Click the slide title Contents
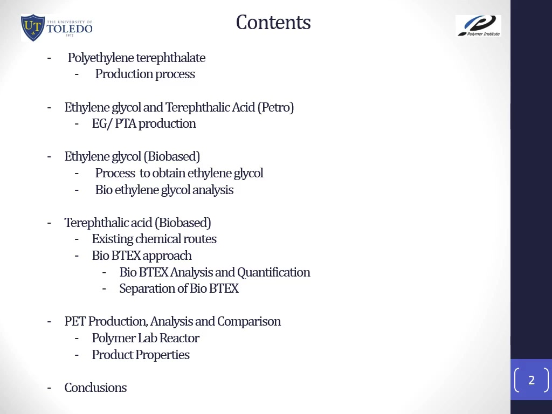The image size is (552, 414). [273, 23]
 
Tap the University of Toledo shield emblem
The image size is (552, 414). [33, 27]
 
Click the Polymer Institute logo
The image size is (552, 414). [479, 26]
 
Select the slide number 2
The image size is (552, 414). [532, 380]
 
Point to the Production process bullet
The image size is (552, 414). [145, 74]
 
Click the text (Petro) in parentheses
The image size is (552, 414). [275, 107]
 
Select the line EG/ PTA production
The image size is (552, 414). [144, 123]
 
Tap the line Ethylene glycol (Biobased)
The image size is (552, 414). [132, 157]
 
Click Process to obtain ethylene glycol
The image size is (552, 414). [179, 173]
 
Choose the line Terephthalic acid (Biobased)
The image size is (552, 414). [137, 223]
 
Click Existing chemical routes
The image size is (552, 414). [154, 239]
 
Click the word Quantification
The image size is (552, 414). [273, 272]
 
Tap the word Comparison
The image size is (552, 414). [249, 321]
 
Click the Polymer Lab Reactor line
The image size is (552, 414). [146, 339]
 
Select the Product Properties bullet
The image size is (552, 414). [141, 355]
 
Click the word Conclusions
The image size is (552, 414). [95, 388]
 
